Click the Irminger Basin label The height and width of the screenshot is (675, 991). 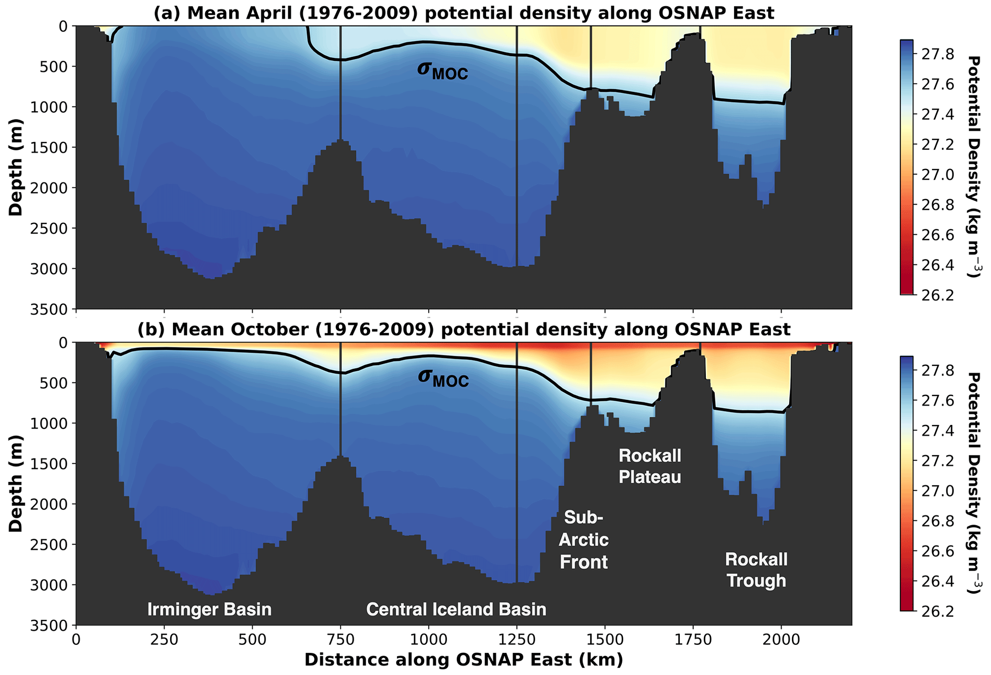210,609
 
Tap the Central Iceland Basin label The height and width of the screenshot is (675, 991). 456,609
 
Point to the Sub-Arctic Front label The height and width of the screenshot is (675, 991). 583,539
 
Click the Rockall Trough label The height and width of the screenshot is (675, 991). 756,570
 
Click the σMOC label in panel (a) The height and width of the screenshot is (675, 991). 442,70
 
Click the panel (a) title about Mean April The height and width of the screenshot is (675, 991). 464,13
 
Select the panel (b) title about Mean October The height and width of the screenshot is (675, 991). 464,330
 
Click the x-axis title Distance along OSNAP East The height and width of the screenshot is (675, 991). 464,660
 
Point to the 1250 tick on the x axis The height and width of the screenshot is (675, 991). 517,640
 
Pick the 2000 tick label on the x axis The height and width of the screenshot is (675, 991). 781,640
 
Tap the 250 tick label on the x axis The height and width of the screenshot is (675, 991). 164,640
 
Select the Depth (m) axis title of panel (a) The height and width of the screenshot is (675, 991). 16,167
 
